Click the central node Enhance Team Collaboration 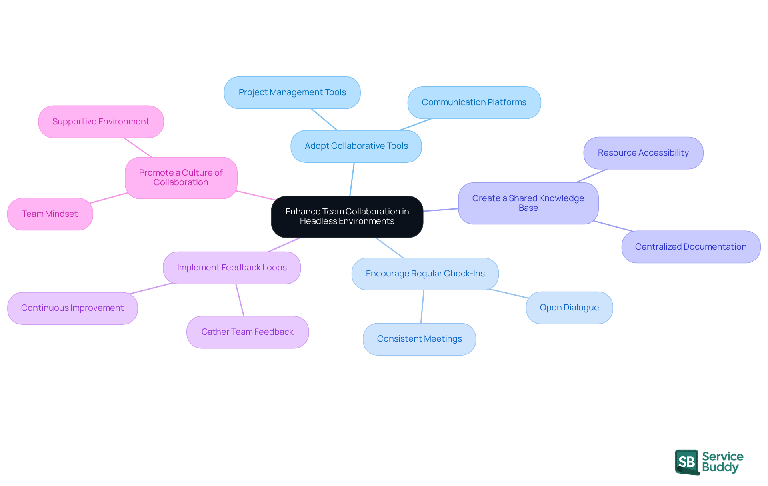point(347,216)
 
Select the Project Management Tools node point(292,92)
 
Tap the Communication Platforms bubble point(474,102)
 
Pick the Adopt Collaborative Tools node point(356,146)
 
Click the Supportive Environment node point(101,122)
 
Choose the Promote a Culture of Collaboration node point(181,178)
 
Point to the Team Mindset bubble point(50,214)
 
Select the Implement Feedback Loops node point(232,268)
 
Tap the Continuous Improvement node point(72,308)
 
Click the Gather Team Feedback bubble point(247,332)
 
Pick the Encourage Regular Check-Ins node point(425,274)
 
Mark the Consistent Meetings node point(419,339)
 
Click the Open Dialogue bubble point(569,308)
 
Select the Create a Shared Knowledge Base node point(528,203)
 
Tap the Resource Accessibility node point(643,153)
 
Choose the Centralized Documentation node point(690,247)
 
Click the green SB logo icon point(687,462)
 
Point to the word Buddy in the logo point(720,467)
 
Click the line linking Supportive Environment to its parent point(138,147)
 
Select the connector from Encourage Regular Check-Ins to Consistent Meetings point(422,306)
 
